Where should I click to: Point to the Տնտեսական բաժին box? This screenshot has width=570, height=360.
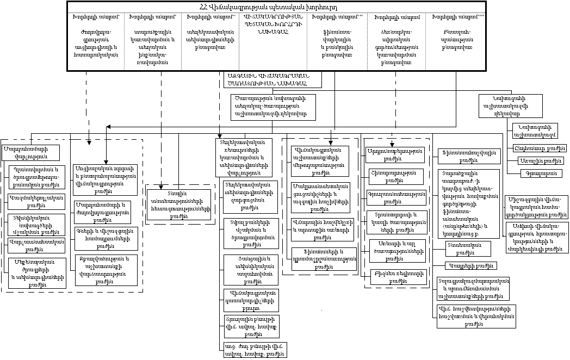tap(463, 249)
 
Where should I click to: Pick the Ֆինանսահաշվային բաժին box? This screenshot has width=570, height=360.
tap(466, 160)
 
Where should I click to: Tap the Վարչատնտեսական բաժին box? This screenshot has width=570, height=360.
tap(36, 246)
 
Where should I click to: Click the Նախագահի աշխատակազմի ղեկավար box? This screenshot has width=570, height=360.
tap(510, 105)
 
